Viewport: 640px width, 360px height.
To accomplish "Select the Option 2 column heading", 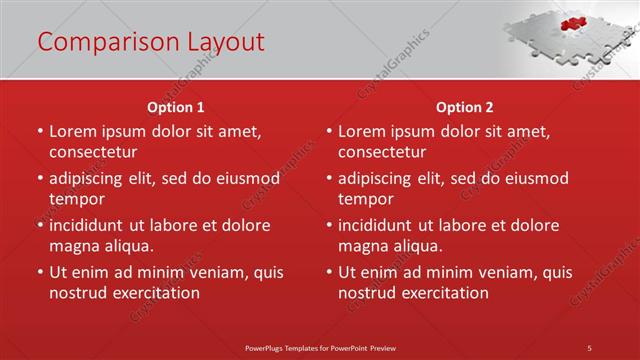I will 464,107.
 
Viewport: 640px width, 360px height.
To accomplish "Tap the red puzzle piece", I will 572,23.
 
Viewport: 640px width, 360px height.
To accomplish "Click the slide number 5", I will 590,347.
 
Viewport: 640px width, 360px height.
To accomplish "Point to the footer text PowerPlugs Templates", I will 289,347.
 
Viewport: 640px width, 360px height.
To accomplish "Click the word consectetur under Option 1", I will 93,152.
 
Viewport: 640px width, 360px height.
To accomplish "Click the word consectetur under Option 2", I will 382,152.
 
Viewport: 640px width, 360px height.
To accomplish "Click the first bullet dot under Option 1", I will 40,131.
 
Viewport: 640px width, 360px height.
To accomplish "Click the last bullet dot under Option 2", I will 329,272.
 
